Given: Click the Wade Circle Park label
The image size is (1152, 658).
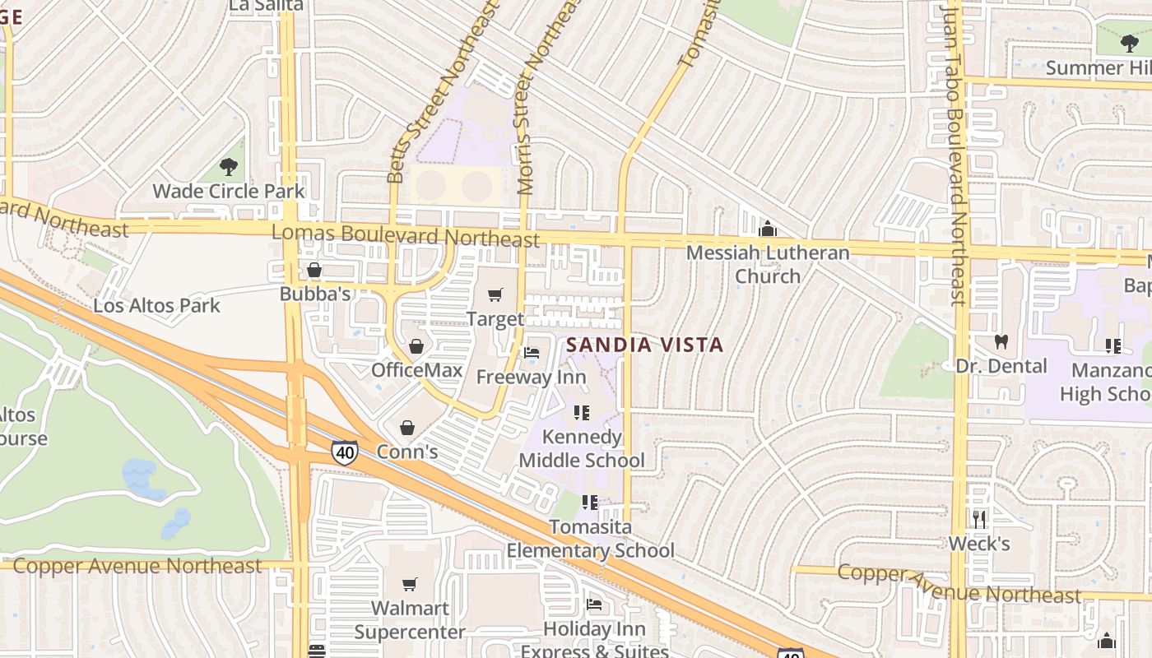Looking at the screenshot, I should tap(229, 192).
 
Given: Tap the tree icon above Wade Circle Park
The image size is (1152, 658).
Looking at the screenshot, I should tap(229, 167).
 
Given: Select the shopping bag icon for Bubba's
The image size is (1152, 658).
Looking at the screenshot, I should tap(314, 270).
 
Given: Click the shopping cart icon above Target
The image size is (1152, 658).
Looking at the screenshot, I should tap(495, 294).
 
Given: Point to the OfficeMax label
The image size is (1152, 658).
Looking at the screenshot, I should tap(416, 370).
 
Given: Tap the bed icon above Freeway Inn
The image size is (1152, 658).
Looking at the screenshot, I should tap(532, 353).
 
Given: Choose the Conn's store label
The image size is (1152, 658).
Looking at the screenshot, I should tap(406, 452).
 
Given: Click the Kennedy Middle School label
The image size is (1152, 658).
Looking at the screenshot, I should tap(581, 448).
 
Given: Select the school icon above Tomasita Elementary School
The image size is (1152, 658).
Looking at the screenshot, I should tap(589, 502).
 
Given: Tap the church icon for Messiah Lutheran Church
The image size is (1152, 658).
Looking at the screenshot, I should tap(767, 229).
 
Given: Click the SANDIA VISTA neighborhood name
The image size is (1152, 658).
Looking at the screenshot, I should tap(644, 345).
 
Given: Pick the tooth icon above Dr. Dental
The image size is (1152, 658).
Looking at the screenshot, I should tap(1001, 341).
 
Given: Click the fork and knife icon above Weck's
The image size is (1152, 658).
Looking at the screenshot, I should tap(978, 519).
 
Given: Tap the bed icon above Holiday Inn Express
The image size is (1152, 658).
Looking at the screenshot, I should tap(594, 605).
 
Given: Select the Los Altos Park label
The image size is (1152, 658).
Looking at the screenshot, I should tap(156, 306).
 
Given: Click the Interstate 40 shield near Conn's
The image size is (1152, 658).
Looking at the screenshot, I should tap(345, 452).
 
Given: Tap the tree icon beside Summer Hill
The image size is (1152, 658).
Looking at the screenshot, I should tap(1129, 42).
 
